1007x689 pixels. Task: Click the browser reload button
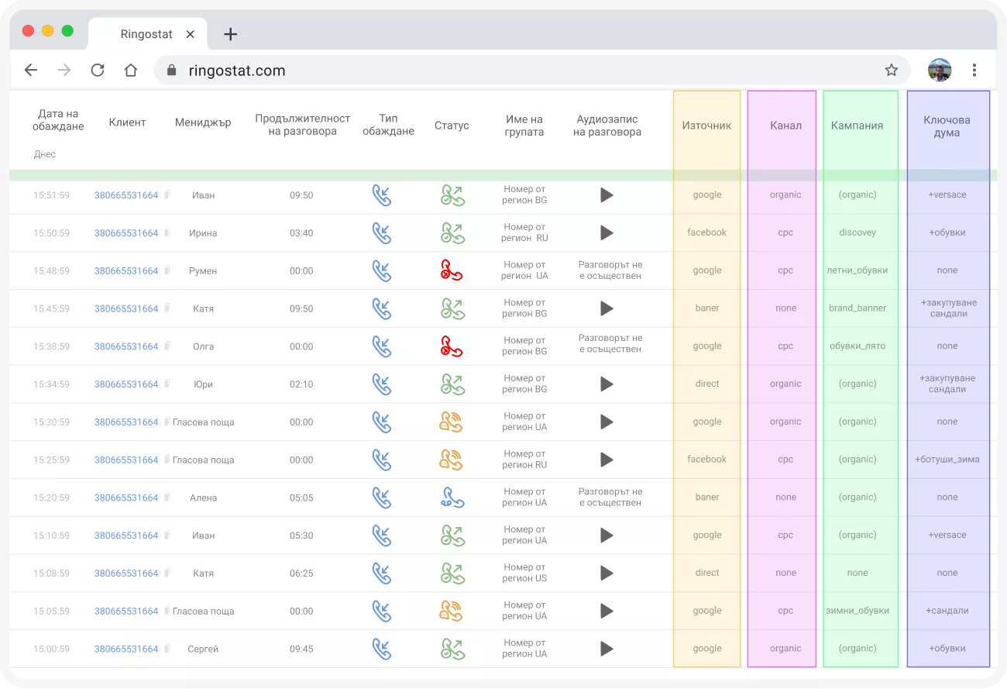click(x=98, y=71)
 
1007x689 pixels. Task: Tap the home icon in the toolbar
click(x=131, y=71)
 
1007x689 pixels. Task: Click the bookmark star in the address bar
click(x=891, y=71)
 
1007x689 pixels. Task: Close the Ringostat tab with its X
click(x=190, y=34)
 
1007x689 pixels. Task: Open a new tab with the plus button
click(x=230, y=34)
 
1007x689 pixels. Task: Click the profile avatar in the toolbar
click(x=940, y=71)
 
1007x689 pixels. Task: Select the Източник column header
click(x=706, y=126)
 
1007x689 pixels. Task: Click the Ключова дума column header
click(x=947, y=126)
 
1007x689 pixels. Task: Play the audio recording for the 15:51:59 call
click(x=607, y=195)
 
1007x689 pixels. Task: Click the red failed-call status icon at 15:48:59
click(x=452, y=270)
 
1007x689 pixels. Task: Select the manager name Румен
click(x=203, y=270)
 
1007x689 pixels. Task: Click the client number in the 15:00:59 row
click(x=125, y=649)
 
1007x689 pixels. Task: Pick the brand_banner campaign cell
click(x=857, y=308)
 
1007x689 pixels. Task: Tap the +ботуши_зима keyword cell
click(x=947, y=459)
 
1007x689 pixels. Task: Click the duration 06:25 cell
click(x=301, y=573)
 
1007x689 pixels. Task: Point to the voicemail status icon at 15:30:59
click(x=451, y=422)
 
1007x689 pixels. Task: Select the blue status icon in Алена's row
click(x=452, y=498)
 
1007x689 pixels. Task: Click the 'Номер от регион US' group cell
click(x=524, y=573)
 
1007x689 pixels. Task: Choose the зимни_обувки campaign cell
click(x=857, y=610)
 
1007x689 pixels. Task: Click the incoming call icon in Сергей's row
click(x=382, y=649)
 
